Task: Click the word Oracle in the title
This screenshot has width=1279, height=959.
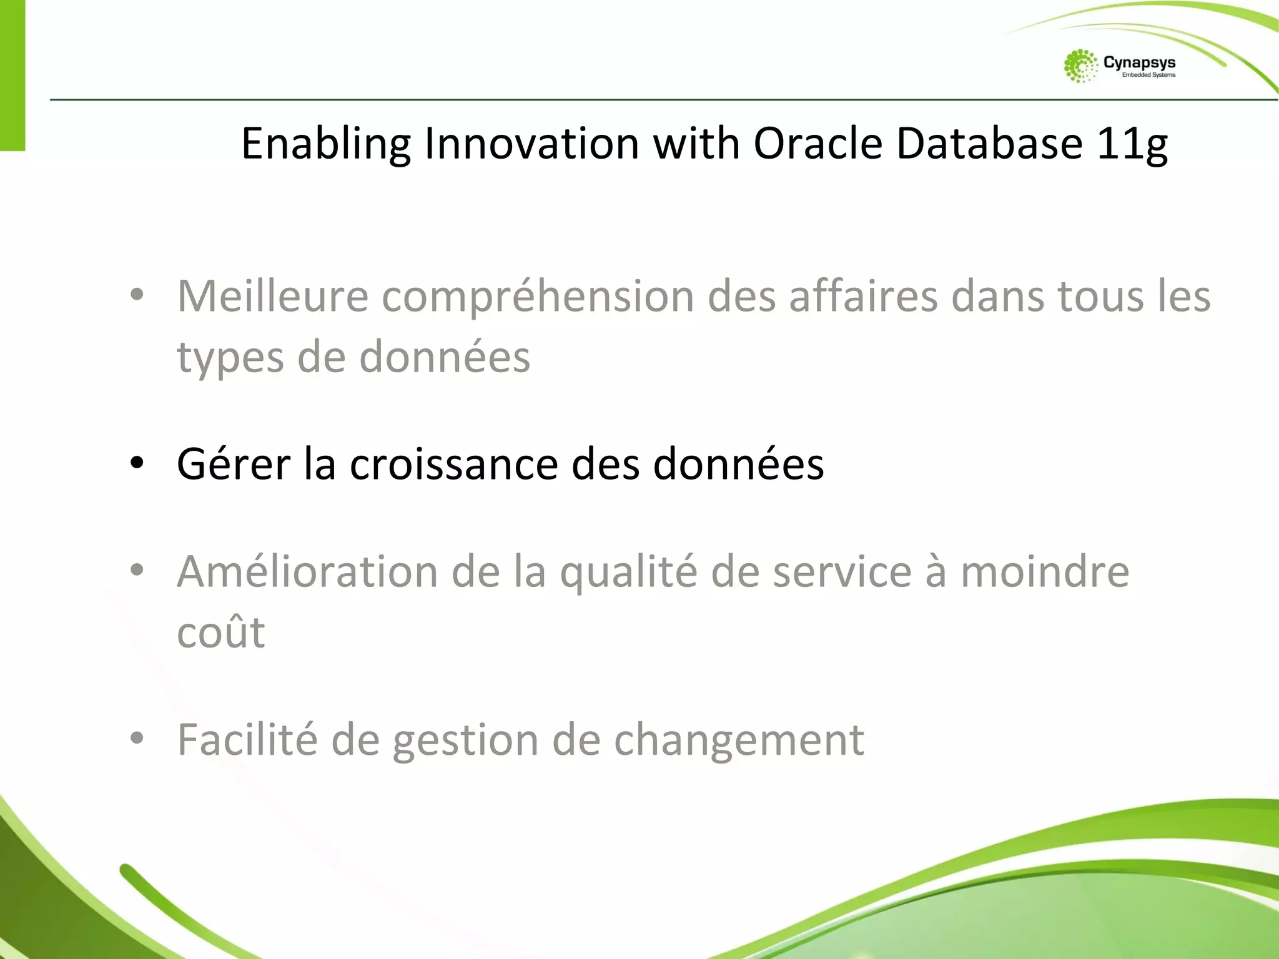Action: click(x=817, y=143)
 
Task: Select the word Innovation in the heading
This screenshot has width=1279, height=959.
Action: click(x=531, y=143)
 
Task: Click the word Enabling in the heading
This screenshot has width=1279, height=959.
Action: click(x=325, y=144)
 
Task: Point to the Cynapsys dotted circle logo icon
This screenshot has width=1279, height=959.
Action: click(x=1080, y=66)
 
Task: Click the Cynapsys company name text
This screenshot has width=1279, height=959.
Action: click(x=1139, y=62)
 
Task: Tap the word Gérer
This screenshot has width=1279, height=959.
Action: click(x=234, y=464)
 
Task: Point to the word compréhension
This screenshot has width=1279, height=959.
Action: click(x=538, y=297)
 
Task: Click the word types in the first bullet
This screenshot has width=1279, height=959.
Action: click(x=230, y=358)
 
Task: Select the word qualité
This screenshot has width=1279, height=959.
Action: click(x=628, y=573)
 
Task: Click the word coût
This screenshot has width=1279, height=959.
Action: click(x=221, y=632)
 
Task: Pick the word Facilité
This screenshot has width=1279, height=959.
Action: click(x=247, y=739)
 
